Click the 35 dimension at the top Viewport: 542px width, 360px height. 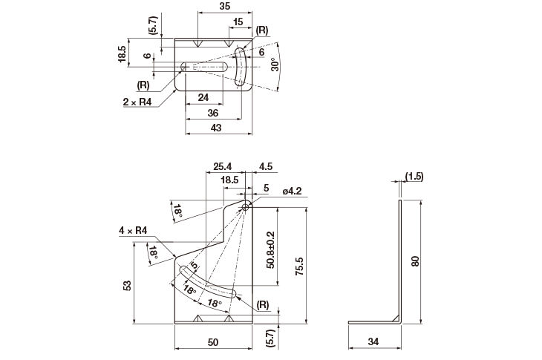pos(225,6)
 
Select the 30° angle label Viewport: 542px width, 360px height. pos(275,65)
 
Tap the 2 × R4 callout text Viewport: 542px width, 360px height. pos(137,102)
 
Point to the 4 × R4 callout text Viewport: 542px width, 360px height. pos(133,230)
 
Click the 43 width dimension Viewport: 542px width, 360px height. pos(216,128)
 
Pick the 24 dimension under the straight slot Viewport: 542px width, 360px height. pos(203,97)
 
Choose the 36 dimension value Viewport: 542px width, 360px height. pos(213,113)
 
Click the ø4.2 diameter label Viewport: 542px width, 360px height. pos(292,191)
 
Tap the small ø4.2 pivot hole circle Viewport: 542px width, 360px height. pos(246,207)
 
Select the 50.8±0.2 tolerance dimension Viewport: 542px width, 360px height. pos(270,250)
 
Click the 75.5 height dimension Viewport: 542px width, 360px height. pos(299,266)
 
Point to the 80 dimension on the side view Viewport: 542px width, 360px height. pos(415,261)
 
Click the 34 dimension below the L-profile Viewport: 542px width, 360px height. pos(373,341)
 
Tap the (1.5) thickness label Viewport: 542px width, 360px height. pos(414,177)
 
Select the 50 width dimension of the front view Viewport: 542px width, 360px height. pos(213,342)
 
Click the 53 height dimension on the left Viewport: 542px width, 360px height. pos(127,285)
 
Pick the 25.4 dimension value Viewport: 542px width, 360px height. pos(222,166)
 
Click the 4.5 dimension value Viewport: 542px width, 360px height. pos(266,166)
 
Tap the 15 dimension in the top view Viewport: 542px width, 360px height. pos(238,22)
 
